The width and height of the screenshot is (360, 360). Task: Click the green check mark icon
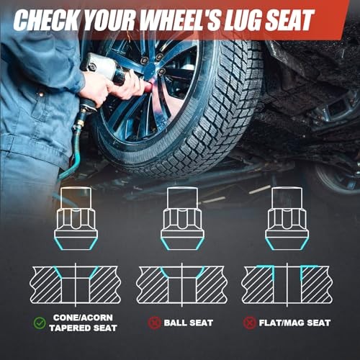click(x=40, y=323)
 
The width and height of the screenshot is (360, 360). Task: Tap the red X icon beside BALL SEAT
click(x=154, y=323)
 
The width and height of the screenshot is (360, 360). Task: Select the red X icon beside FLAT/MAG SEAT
click(x=250, y=323)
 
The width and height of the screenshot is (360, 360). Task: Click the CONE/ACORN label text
click(x=83, y=318)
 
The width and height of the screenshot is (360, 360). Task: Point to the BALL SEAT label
click(x=189, y=323)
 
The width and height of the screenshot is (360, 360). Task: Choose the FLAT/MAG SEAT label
click(x=294, y=323)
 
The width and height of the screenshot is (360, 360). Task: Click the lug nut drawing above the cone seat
click(x=76, y=218)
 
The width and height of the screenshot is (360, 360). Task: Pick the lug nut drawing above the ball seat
click(x=182, y=218)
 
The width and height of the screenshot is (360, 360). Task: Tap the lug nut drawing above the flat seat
click(x=287, y=218)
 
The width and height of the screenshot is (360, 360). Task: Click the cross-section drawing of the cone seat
click(x=75, y=284)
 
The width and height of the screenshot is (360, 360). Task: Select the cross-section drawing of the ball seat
click(x=182, y=284)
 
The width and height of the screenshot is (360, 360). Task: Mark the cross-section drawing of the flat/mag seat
click(x=287, y=284)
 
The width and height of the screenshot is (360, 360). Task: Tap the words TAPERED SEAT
click(x=83, y=328)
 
